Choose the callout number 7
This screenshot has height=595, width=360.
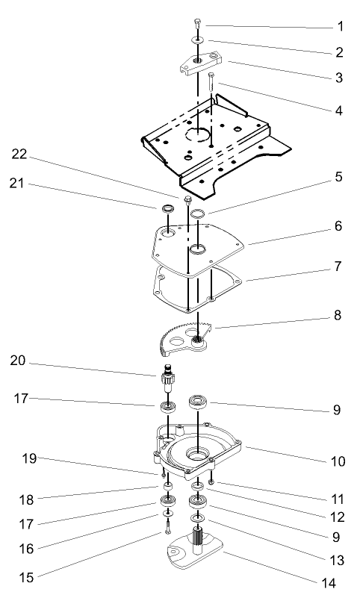339,286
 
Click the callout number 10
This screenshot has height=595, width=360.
338,461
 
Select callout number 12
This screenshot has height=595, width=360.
338,517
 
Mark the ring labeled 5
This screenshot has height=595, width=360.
197,215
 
